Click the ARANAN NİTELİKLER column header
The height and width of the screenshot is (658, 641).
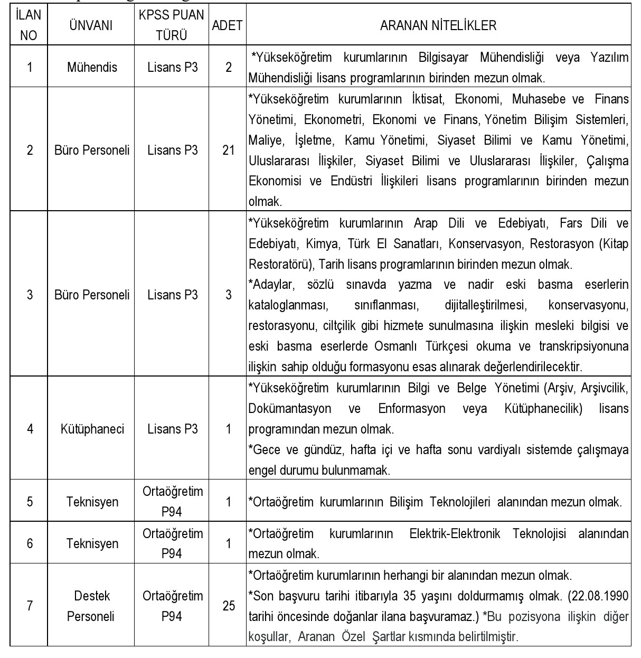click(438, 25)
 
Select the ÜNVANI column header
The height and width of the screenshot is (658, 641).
click(91, 25)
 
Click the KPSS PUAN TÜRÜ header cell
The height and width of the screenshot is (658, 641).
click(172, 25)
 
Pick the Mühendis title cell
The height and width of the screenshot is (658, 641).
click(92, 68)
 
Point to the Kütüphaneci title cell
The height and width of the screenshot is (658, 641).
click(92, 429)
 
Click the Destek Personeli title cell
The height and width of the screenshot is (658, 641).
click(91, 606)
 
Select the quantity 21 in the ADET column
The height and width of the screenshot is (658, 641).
click(228, 150)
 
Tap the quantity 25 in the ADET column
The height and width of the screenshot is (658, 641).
click(228, 606)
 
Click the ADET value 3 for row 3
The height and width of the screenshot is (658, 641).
click(228, 295)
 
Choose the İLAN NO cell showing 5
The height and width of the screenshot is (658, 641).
click(30, 501)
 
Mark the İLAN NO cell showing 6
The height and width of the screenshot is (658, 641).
click(30, 543)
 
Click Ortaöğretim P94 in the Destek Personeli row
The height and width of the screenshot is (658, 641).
click(172, 606)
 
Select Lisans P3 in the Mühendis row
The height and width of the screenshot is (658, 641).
click(172, 68)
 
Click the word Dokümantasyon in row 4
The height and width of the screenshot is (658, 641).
click(290, 409)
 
